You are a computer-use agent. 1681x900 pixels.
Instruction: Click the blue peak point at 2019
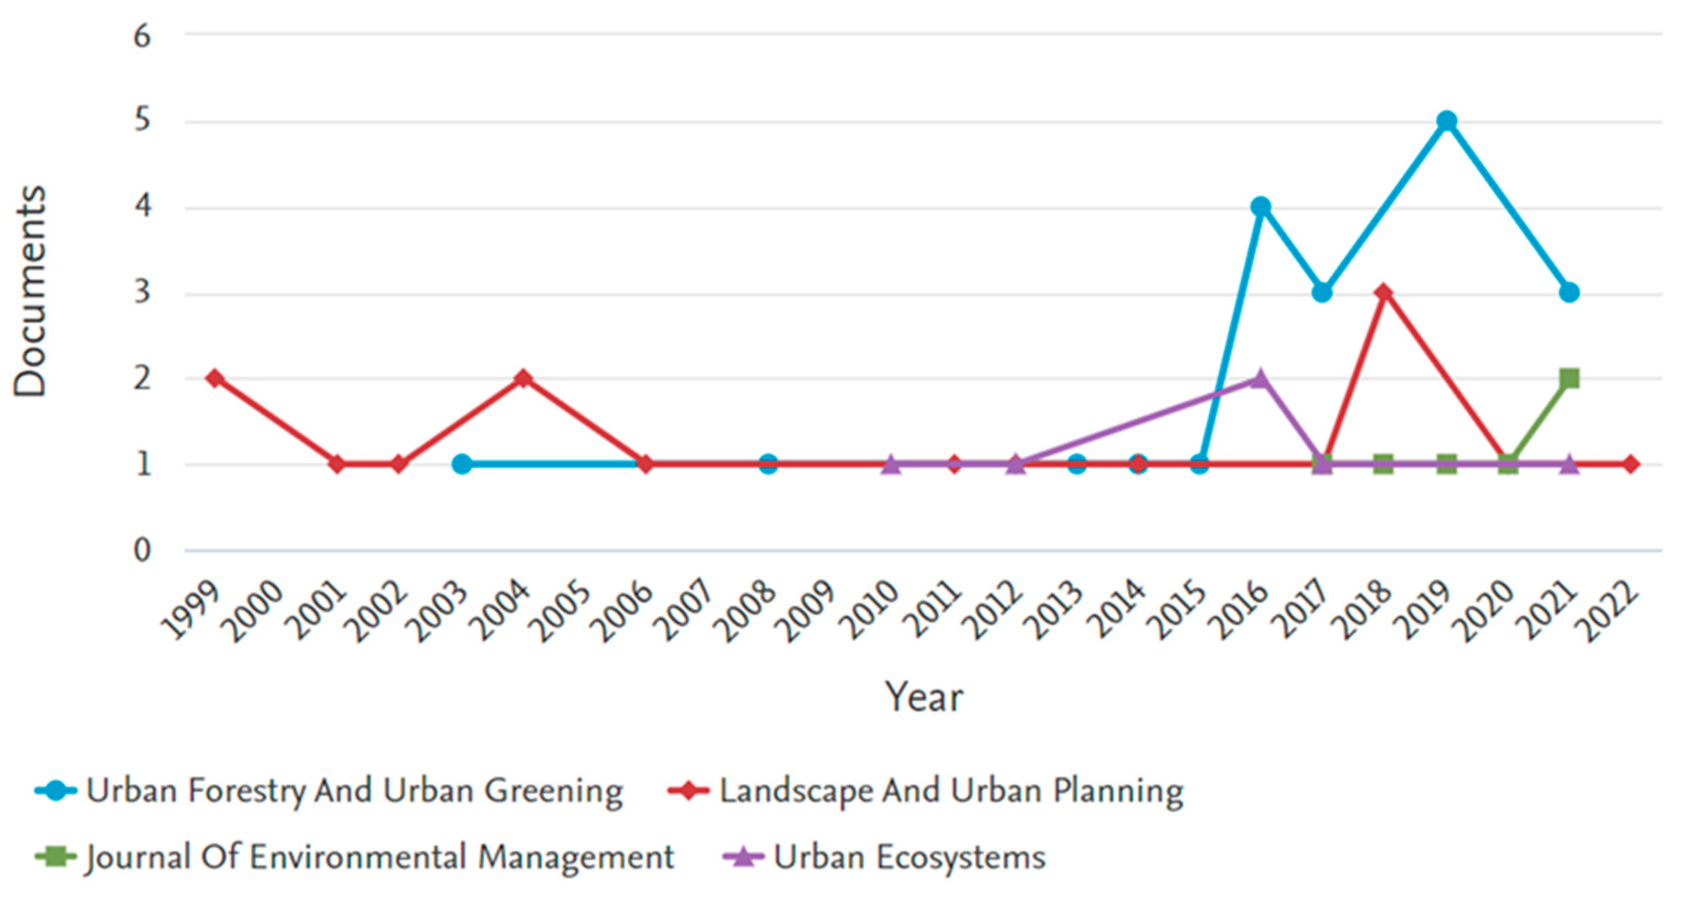coord(1447,121)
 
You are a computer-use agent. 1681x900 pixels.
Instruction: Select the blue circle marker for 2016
coord(1261,207)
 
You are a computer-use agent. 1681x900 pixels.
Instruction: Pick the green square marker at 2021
coord(1569,379)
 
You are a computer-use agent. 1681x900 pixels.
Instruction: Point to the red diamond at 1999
coord(215,379)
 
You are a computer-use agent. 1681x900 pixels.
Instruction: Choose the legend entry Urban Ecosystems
coord(908,857)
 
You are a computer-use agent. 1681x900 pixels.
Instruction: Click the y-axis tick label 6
coord(142,36)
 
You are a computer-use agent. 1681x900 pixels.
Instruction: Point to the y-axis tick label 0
coord(142,550)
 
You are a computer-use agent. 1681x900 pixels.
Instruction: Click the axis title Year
coord(923,697)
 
